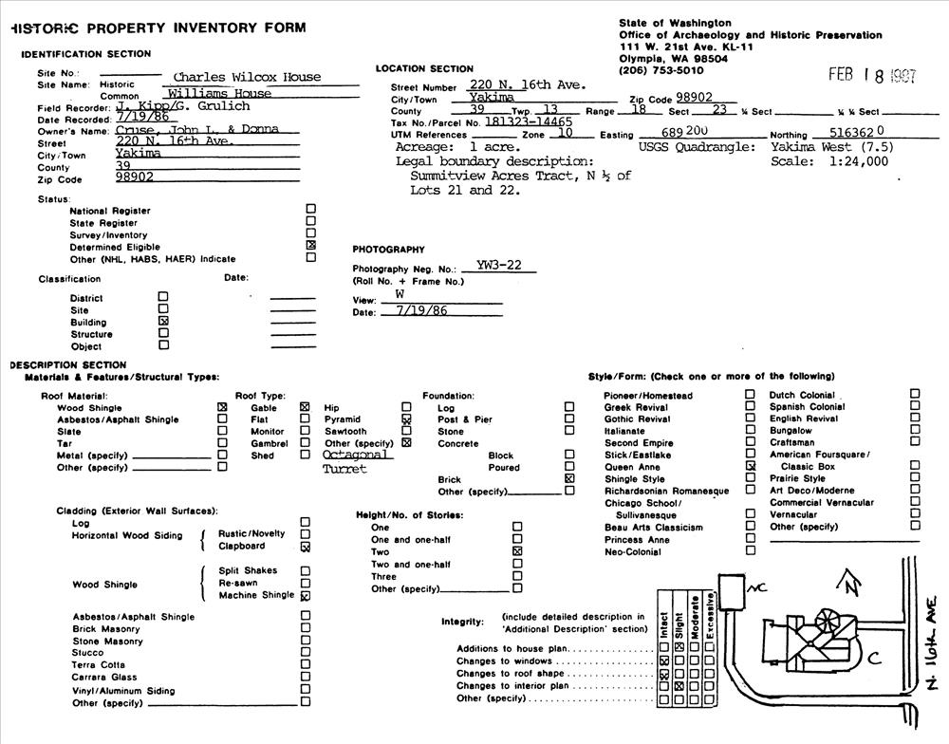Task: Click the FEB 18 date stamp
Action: pos(871,76)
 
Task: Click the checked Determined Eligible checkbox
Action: pos(311,246)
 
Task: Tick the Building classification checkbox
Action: pos(163,321)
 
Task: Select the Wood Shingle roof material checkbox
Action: pos(222,407)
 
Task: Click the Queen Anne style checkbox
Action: pos(750,467)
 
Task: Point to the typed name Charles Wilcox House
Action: pos(247,77)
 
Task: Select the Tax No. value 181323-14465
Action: pos(528,122)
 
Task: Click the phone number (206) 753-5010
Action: pos(661,70)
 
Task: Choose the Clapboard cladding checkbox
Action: pos(305,547)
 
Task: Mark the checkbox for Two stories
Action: pos(517,551)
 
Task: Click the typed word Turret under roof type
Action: pos(344,469)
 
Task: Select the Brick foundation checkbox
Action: pos(569,479)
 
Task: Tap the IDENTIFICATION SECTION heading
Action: pos(85,54)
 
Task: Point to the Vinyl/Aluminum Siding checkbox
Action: pos(305,691)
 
